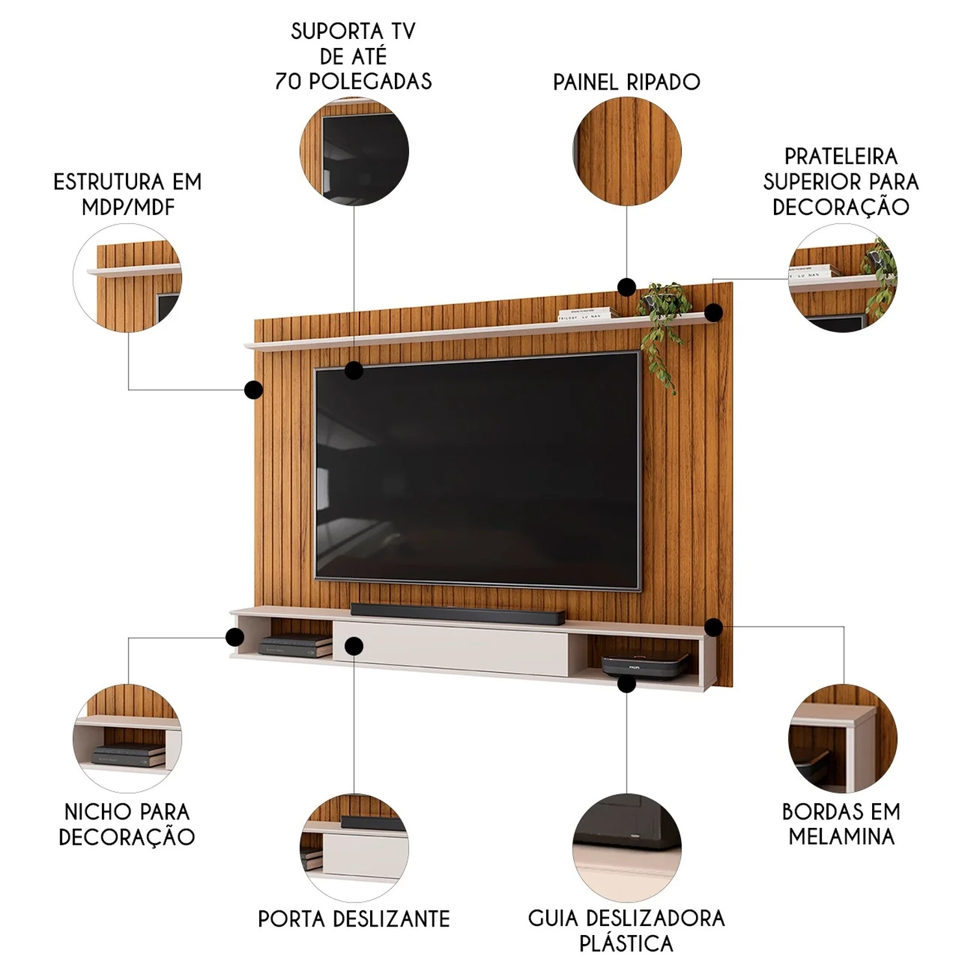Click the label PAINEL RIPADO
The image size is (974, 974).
pos(627,82)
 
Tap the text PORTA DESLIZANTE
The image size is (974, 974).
pos(354,919)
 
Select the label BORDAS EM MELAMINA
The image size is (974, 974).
pos(842,824)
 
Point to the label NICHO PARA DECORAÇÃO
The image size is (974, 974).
pos(127,824)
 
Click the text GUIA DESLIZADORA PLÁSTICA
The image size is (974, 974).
pos(627,930)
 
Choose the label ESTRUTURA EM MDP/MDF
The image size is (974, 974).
pos(128,194)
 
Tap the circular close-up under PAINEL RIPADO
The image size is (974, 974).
pos(627,151)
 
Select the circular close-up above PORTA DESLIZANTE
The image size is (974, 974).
pos(355,847)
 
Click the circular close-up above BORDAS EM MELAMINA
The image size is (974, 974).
pos(843,738)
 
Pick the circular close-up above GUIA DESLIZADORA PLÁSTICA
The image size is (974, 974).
pos(627,847)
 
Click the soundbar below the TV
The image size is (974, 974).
pos(457,614)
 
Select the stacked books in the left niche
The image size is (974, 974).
pos(296,645)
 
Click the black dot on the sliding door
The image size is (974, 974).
pos(354,646)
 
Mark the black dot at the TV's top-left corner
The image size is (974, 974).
pos(354,370)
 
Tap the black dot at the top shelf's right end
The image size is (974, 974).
pos(714,312)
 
